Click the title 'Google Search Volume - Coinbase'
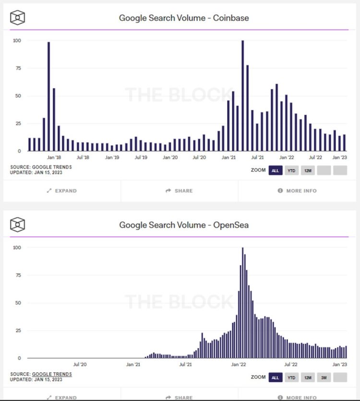(184, 18)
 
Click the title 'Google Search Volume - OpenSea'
(184, 224)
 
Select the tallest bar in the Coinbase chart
(242, 96)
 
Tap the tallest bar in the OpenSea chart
(242, 303)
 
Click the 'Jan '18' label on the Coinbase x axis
(54, 157)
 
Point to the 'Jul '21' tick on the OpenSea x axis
(186, 365)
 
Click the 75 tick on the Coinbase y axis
(18, 68)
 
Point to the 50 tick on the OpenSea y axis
(18, 303)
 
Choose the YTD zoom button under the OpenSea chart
(291, 377)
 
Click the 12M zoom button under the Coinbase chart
(308, 170)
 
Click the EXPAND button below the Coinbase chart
(62, 191)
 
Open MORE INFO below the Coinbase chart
(297, 191)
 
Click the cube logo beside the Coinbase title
(18, 18)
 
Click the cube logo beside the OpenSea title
(18, 224)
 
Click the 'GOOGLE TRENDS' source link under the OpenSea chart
(52, 374)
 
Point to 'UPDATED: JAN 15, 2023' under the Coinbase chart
(36, 172)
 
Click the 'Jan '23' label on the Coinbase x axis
(340, 157)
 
